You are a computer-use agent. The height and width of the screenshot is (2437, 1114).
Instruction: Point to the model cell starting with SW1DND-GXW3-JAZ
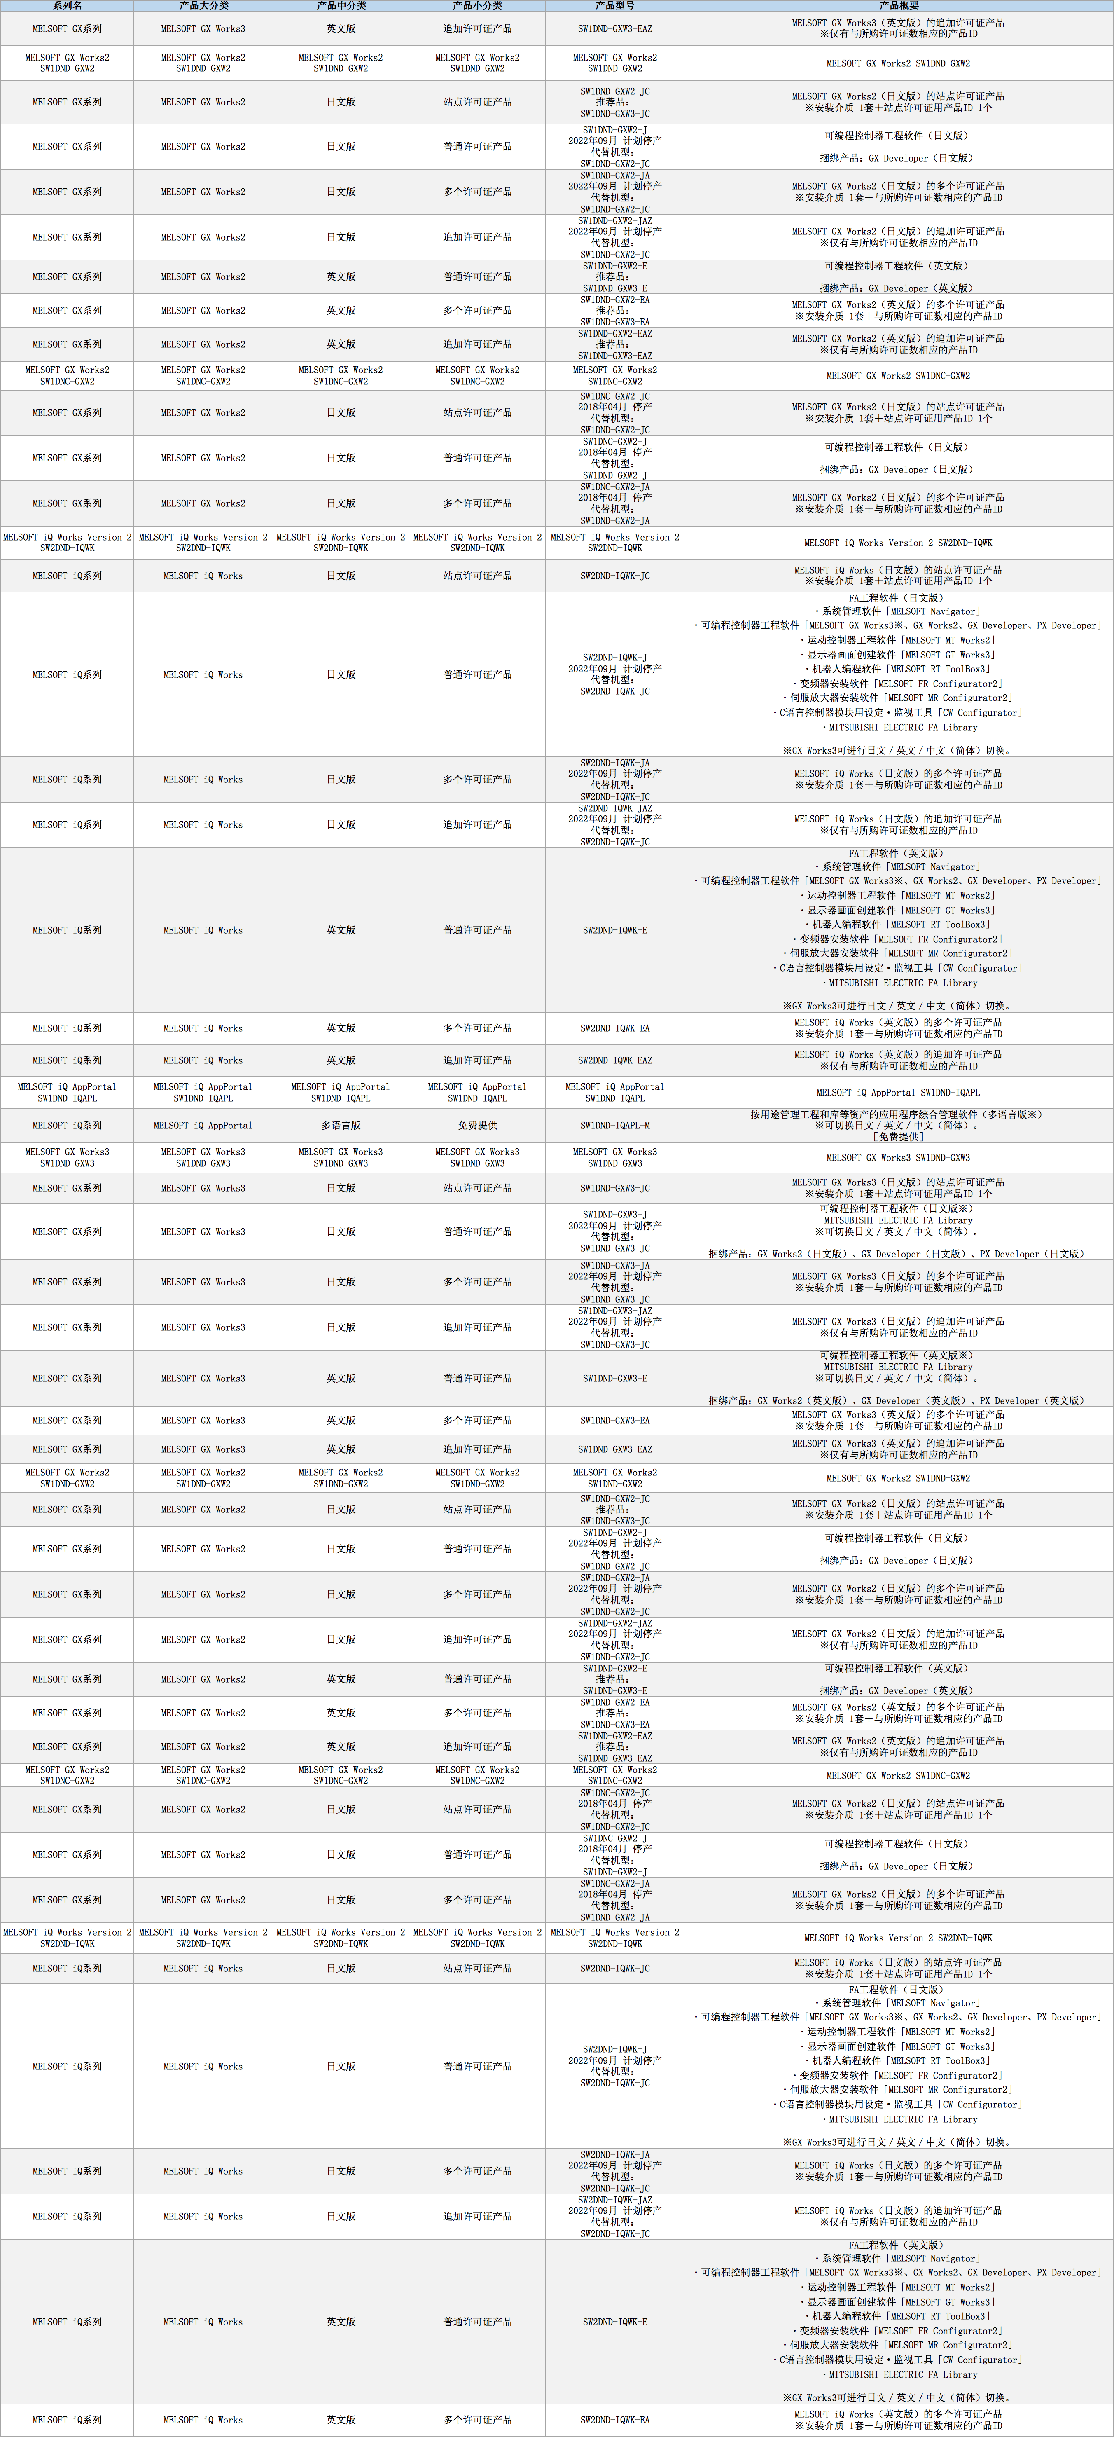pyautogui.click(x=615, y=1327)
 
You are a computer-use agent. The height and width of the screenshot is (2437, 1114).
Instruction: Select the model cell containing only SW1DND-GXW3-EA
pyautogui.click(x=615, y=1420)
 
